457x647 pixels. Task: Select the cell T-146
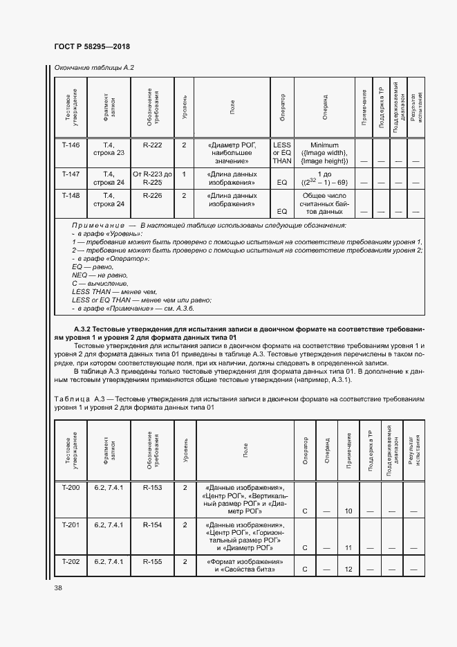(x=71, y=145)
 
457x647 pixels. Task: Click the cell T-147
(x=71, y=174)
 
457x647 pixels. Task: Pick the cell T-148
(x=71, y=196)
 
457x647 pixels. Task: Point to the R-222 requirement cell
(x=152, y=145)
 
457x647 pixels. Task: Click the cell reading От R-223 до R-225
(x=152, y=179)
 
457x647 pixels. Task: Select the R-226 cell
(x=152, y=196)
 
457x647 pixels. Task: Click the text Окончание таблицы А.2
(x=89, y=67)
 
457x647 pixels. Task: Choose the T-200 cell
(x=71, y=488)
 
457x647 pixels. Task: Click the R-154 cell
(x=152, y=525)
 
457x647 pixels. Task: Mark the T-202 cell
(x=71, y=561)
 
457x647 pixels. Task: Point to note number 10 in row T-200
(x=348, y=511)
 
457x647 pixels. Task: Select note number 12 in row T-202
(x=348, y=569)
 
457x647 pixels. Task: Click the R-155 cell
(x=152, y=561)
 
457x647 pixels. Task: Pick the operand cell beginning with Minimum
(x=324, y=153)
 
